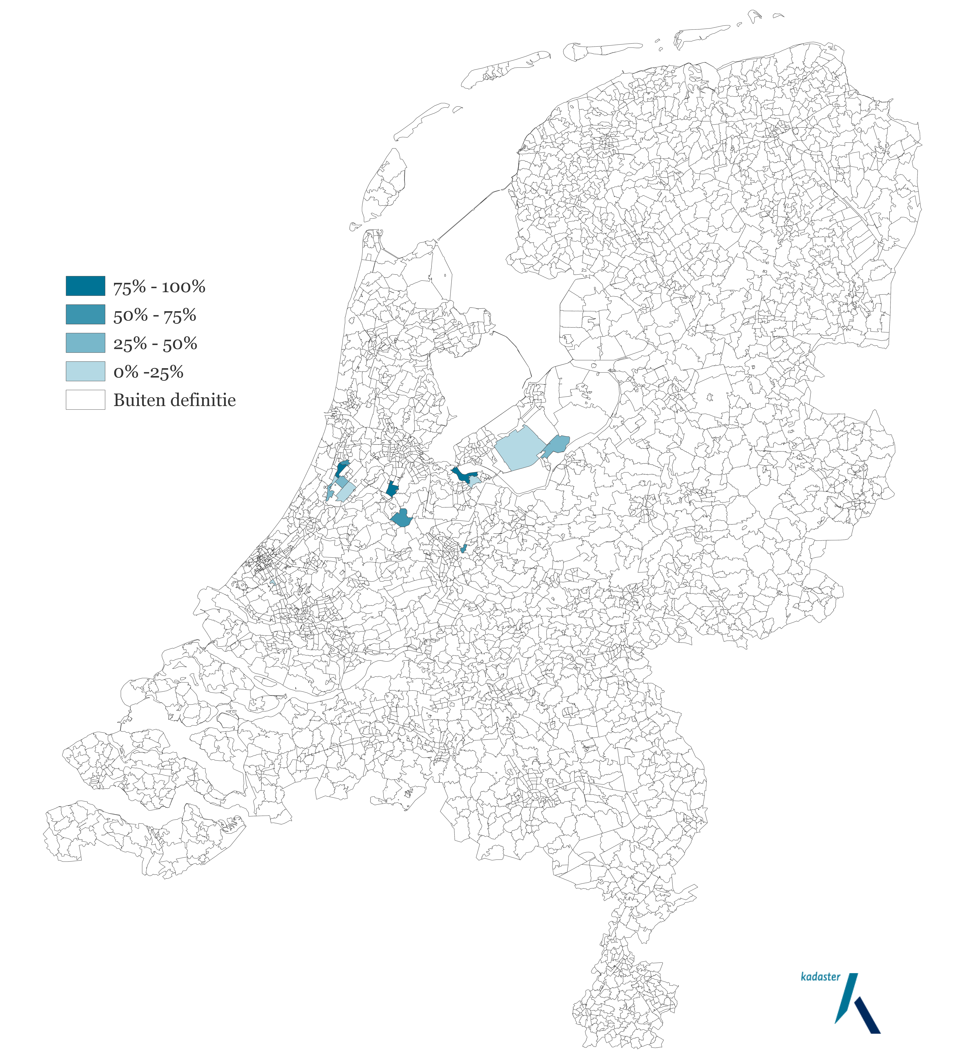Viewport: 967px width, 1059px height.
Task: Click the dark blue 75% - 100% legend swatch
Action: [x=85, y=286]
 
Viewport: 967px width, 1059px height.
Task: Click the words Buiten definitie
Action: [x=175, y=400]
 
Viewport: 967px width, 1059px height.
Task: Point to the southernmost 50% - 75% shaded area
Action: [x=463, y=549]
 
